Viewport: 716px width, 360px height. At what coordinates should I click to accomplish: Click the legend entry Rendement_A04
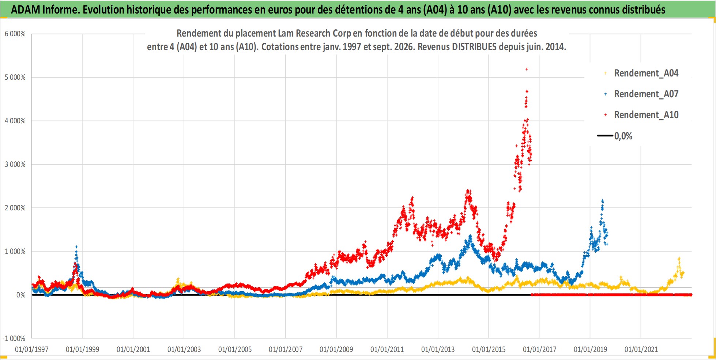(x=641, y=73)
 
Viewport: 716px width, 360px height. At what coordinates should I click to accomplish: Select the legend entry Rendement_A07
(x=641, y=94)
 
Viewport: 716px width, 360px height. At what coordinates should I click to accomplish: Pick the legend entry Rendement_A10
(x=641, y=115)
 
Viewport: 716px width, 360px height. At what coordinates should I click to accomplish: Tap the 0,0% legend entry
(x=615, y=136)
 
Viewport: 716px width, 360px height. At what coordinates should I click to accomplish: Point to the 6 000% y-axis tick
(x=15, y=34)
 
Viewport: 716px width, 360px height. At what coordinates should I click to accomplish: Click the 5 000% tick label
(x=15, y=78)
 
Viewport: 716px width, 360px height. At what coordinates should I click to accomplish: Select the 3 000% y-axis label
(x=15, y=165)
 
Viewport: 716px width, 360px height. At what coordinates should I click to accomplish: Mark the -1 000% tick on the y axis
(x=14, y=338)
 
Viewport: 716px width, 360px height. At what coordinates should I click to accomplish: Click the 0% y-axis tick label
(x=21, y=295)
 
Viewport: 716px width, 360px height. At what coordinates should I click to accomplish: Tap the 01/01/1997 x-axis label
(x=32, y=349)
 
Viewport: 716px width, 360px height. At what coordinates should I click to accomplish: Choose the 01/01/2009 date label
(x=336, y=349)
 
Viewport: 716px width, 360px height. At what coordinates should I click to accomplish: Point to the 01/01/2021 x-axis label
(x=641, y=349)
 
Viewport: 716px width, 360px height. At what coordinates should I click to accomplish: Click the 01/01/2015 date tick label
(x=489, y=349)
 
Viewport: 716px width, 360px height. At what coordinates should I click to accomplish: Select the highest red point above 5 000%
(x=527, y=69)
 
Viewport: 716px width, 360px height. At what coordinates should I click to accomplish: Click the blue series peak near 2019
(x=602, y=200)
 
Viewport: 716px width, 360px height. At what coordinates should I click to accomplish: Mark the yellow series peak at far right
(x=679, y=259)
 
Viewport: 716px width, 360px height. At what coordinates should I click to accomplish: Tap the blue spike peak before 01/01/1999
(x=76, y=247)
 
